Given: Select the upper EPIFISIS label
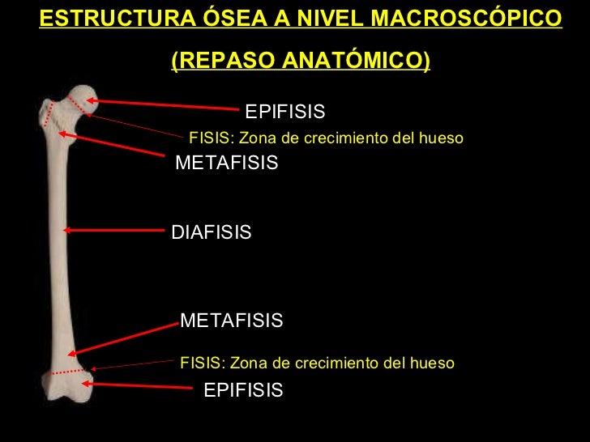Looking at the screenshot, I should tap(284, 111).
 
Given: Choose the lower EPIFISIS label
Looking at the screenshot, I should tap(243, 391).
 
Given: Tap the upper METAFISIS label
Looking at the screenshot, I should tap(227, 164).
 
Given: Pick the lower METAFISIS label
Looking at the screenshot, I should tap(232, 321).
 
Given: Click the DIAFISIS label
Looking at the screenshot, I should tap(212, 233).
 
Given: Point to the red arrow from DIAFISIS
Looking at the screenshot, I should tap(113, 230).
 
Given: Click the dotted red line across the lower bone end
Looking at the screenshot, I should tap(65, 372).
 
